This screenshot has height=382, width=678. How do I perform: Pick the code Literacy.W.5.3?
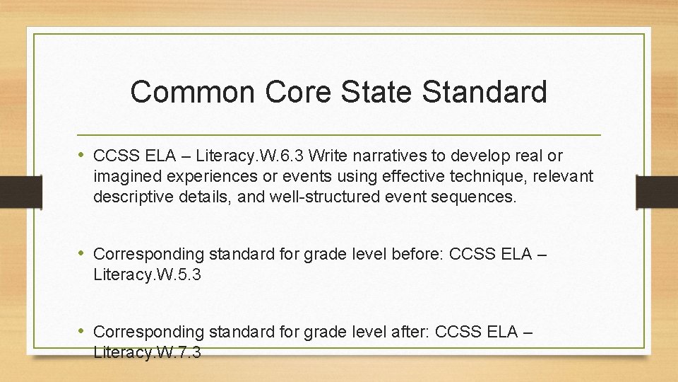[147, 274]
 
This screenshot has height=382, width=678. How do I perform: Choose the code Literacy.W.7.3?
[147, 352]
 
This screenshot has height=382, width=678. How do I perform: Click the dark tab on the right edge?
[656, 192]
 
